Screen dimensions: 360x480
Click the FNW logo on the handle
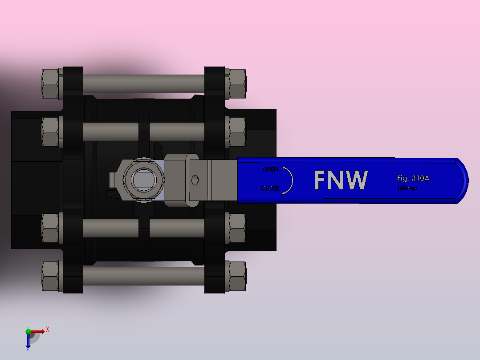click(x=341, y=180)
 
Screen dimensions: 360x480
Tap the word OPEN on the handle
click(x=270, y=169)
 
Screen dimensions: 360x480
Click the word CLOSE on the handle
click(x=270, y=188)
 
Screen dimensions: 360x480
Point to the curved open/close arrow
click(x=289, y=180)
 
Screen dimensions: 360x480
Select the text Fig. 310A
click(x=413, y=178)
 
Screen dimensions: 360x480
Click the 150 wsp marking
click(x=407, y=188)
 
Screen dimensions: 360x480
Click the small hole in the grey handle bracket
click(x=195, y=180)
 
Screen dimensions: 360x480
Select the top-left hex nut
click(x=50, y=84)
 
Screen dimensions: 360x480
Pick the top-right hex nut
click(x=237, y=84)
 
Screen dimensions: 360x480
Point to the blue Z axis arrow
click(x=28, y=342)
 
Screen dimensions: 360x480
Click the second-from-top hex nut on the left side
click(x=50, y=131)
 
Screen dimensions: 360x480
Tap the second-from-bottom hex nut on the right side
click(x=237, y=228)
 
